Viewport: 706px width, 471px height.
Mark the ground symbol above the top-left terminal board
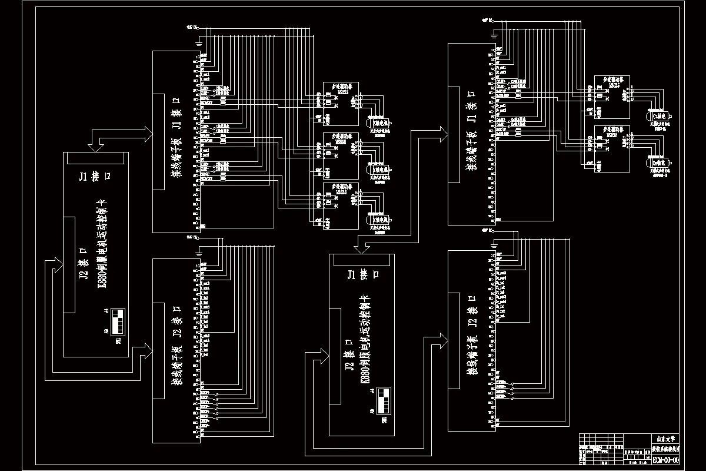[x=199, y=42]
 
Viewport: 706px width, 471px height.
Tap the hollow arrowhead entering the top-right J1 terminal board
[x=441, y=133]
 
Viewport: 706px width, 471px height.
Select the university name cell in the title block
[x=665, y=439]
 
